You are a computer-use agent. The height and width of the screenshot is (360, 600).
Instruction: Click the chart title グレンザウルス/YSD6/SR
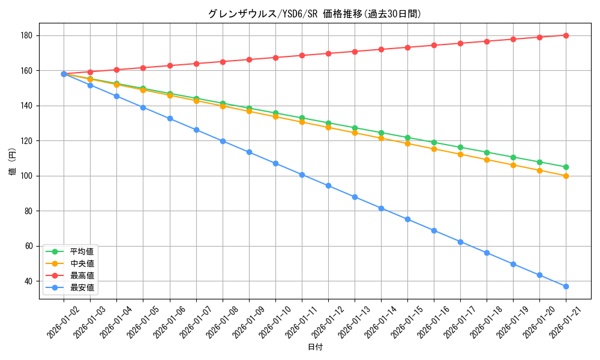315,14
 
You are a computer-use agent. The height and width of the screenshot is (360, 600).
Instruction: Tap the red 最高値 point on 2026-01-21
566,35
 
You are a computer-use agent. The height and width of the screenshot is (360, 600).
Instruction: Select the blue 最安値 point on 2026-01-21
566,286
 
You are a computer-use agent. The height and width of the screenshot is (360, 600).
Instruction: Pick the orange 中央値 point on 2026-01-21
566,176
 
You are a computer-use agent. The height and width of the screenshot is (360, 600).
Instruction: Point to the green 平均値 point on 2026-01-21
566,167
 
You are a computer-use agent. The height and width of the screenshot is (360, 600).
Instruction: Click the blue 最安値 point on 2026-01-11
302,175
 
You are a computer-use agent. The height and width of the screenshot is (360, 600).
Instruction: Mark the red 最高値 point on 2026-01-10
275,58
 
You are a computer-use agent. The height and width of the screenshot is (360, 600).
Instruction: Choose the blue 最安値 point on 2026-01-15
407,219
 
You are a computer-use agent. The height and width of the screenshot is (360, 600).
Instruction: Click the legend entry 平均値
82,251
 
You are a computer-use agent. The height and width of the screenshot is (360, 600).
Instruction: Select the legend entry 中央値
82,263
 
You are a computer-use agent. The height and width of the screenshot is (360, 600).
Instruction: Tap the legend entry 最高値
82,275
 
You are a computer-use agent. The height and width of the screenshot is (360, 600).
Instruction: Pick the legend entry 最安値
82,287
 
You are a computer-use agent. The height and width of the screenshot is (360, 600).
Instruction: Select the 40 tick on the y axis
31,281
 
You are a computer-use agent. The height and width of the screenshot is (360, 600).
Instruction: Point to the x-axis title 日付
315,347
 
